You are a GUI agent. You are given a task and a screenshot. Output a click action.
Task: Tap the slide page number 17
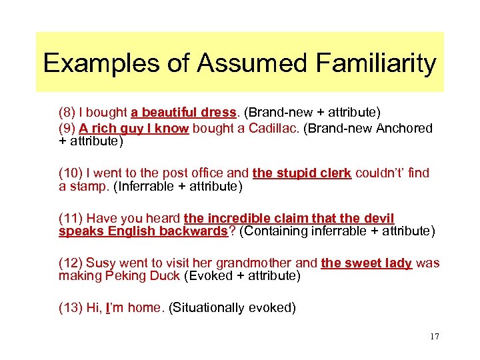click(435, 336)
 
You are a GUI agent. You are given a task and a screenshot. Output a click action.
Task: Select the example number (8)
click(68, 113)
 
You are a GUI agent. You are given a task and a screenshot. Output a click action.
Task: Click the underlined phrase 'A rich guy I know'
click(133, 129)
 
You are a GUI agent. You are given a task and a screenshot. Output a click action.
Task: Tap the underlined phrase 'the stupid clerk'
click(302, 173)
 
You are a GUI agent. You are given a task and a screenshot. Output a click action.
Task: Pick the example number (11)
click(71, 219)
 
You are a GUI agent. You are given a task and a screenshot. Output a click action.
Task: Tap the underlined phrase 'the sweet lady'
click(366, 263)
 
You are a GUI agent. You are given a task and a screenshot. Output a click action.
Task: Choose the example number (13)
click(71, 307)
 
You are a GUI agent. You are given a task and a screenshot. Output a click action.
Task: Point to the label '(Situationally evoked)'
click(232, 307)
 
